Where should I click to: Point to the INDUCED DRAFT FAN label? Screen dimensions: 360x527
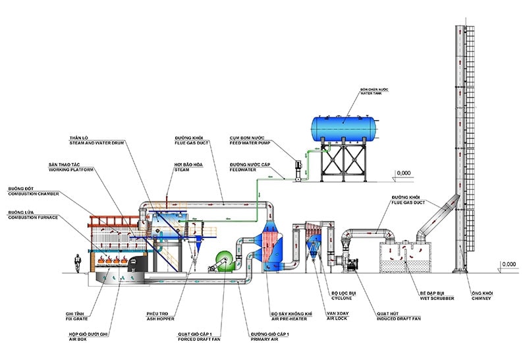(x=392, y=316)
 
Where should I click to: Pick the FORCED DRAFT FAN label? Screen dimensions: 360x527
(x=195, y=338)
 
